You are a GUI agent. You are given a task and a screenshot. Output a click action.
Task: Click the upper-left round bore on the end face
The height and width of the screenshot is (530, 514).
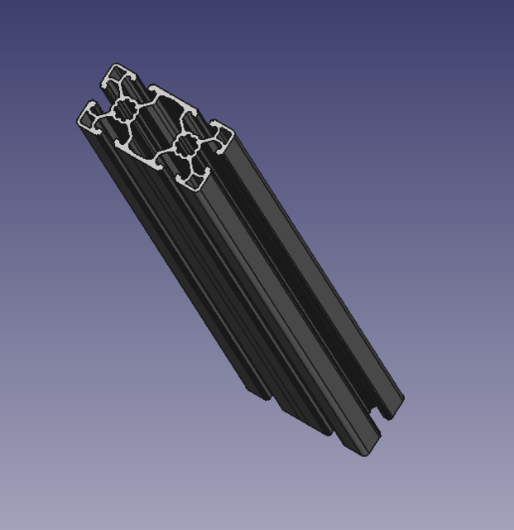125,108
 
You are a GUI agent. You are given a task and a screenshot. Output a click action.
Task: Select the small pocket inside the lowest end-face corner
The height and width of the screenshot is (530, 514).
195,176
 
